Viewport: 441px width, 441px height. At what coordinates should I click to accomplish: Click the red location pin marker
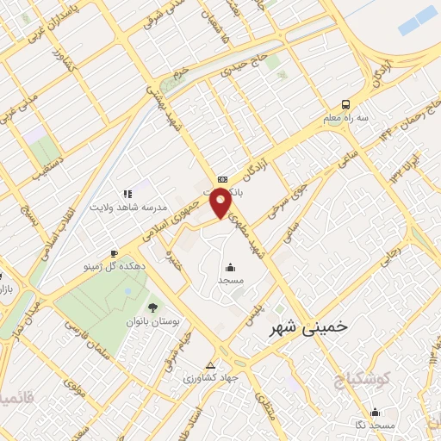click(x=220, y=203)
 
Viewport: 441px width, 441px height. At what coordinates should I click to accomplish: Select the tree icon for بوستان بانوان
click(x=152, y=307)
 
